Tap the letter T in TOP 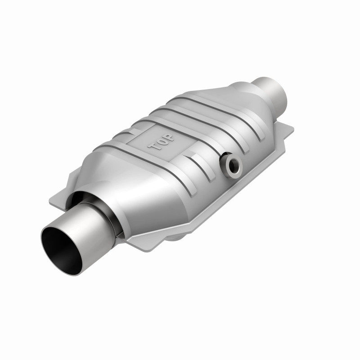(153, 145)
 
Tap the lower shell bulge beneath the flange (180, 234)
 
